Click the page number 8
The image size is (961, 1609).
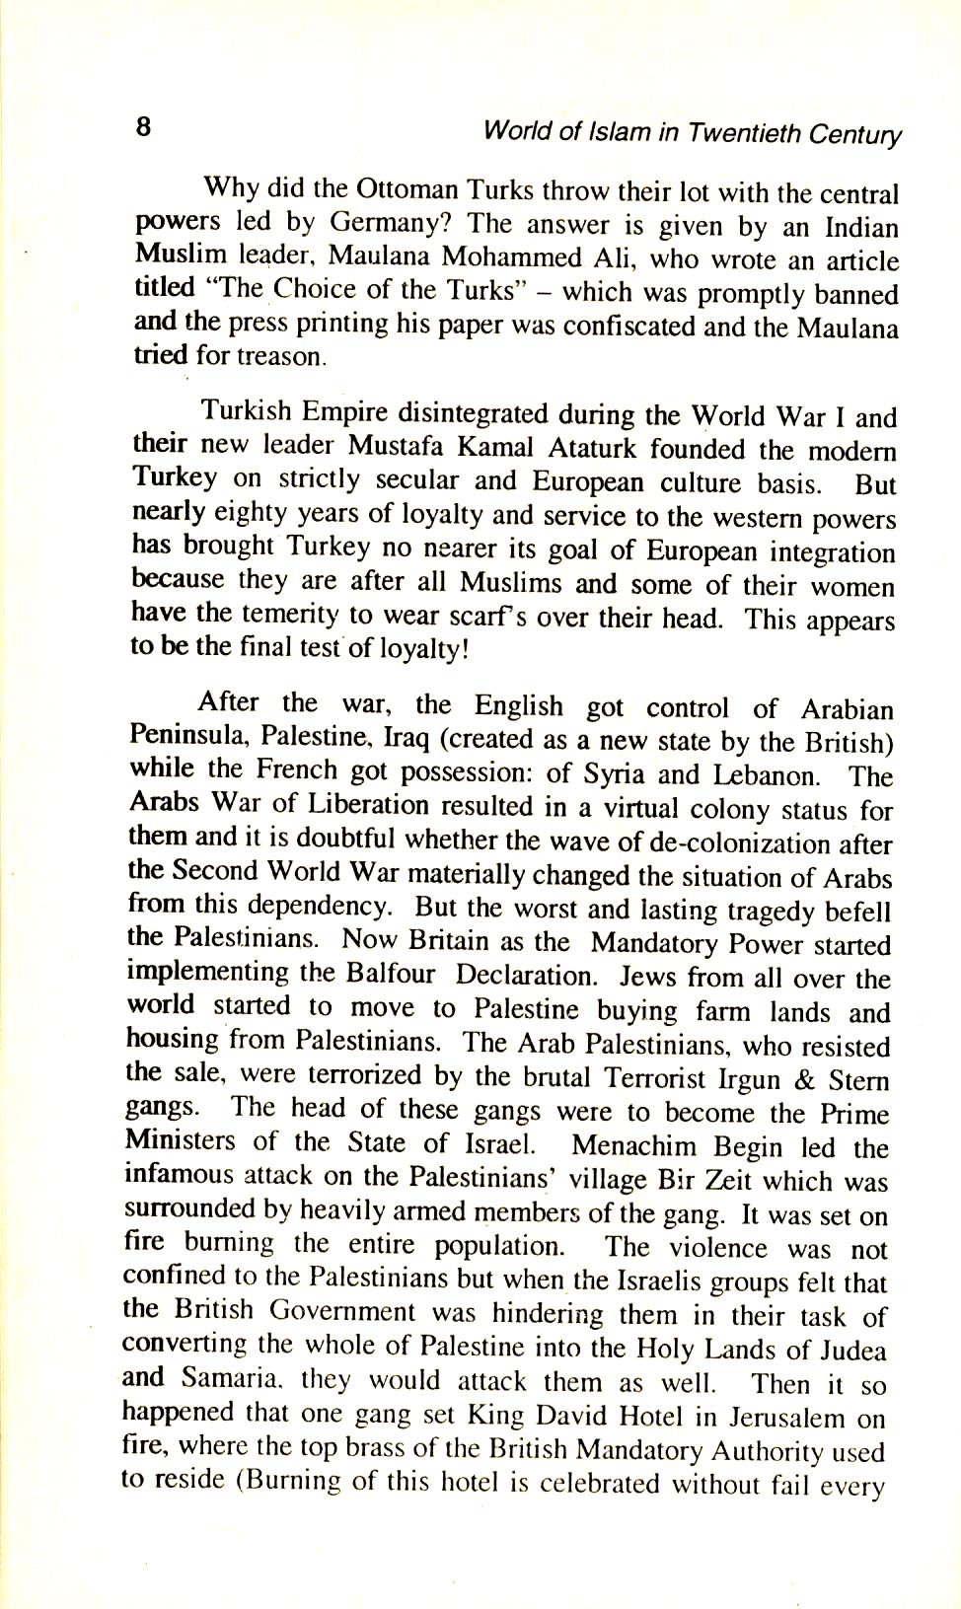143,126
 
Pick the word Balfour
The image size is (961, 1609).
390,974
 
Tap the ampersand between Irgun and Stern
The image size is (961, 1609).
804,1079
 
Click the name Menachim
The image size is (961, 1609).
633,1146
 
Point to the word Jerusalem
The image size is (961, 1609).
784,1418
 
